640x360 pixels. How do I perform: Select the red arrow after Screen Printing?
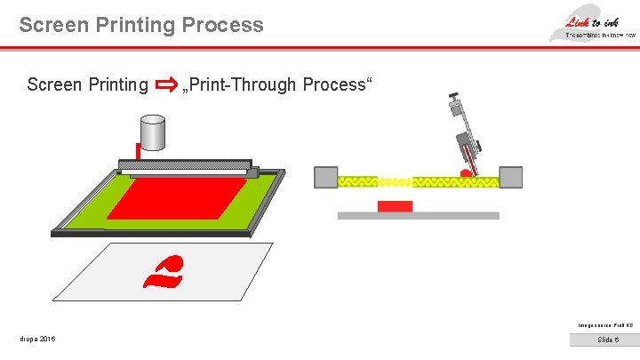click(165, 85)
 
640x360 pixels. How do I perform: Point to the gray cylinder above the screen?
click(152, 133)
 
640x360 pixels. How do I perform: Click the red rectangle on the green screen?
click(178, 198)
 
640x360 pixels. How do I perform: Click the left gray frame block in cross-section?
click(326, 177)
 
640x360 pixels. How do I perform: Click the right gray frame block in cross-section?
click(511, 177)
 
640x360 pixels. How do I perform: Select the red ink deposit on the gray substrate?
click(395, 206)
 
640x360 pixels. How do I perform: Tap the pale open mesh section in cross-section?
click(396, 181)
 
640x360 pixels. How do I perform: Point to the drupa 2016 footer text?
click(37, 340)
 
